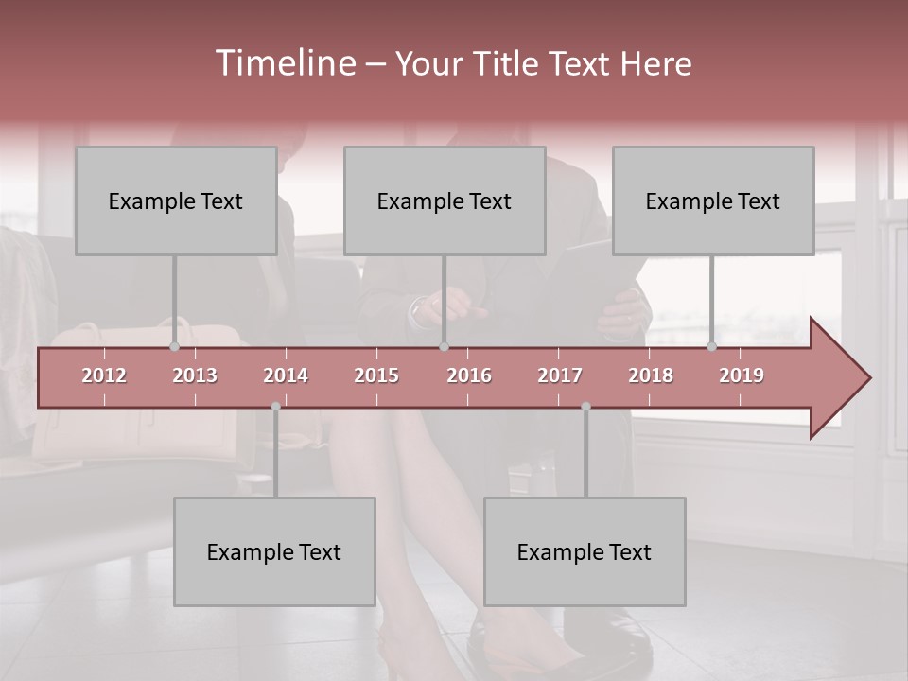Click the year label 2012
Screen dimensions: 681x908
click(104, 375)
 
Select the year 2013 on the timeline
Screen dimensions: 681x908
click(195, 375)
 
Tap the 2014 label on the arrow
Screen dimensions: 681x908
click(286, 375)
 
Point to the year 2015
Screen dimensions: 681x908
click(376, 375)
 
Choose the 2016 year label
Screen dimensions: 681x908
click(469, 375)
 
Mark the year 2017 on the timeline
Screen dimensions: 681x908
click(560, 375)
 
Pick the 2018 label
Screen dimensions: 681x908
click(651, 375)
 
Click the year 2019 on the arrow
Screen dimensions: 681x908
click(742, 375)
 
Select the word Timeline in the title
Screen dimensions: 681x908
click(285, 63)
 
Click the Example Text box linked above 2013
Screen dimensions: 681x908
click(176, 201)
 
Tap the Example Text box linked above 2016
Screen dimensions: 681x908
click(445, 201)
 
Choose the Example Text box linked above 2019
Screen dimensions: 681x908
click(713, 201)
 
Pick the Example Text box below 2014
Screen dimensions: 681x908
click(274, 551)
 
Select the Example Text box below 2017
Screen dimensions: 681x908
click(585, 551)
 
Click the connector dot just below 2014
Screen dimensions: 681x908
click(275, 407)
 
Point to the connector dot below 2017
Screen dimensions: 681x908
click(585, 407)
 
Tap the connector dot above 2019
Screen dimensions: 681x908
click(711, 346)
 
